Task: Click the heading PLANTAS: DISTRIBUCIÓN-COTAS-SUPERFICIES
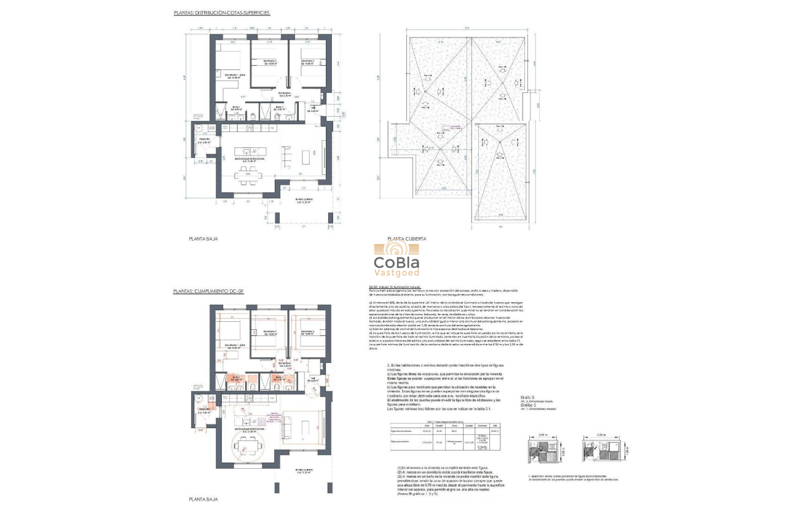click(221, 12)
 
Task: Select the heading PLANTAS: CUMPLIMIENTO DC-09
click(208, 291)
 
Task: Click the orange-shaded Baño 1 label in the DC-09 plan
click(237, 379)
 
